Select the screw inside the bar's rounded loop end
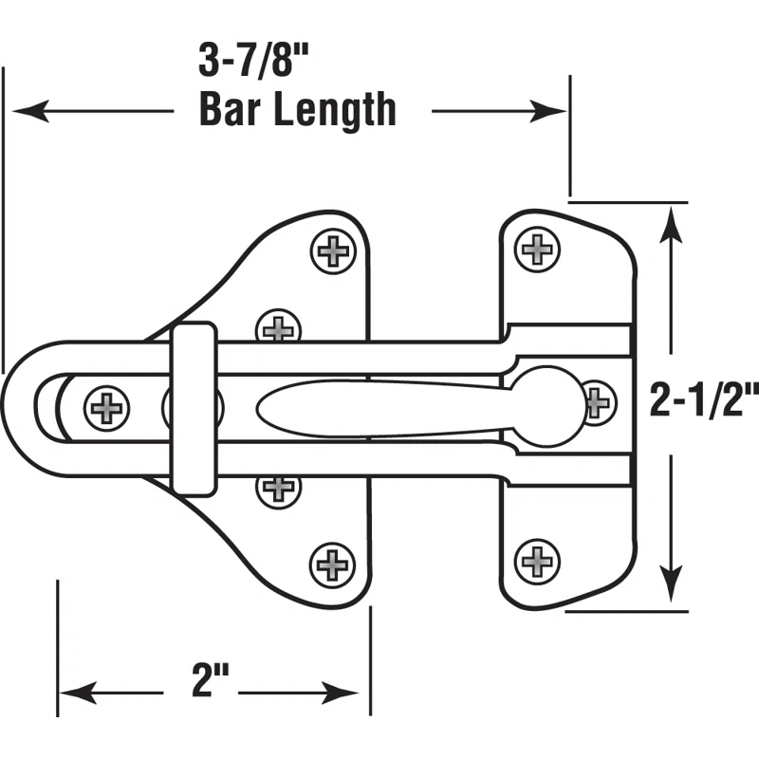coord(106,408)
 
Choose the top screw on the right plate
coord(538,250)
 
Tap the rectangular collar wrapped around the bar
coord(193,408)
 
